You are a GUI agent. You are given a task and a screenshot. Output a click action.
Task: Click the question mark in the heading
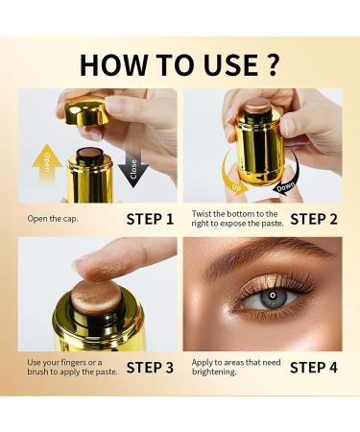click(x=273, y=64)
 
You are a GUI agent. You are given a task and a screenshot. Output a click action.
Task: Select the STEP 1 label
click(x=150, y=219)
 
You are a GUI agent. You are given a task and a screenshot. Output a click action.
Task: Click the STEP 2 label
click(x=314, y=219)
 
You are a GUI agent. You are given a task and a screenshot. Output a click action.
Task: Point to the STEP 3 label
click(x=150, y=368)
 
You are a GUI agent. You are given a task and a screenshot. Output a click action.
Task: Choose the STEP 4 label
click(x=314, y=368)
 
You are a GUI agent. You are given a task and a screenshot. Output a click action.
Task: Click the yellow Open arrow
click(x=47, y=163)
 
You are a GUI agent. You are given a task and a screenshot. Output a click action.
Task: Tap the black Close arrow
click(x=133, y=169)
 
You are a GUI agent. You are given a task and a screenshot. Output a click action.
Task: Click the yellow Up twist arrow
click(x=232, y=176)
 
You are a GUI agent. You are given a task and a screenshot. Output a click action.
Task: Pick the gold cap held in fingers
click(x=85, y=111)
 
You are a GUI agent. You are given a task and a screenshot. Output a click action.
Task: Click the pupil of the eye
click(x=273, y=295)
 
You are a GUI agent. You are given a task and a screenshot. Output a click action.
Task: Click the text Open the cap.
click(x=53, y=219)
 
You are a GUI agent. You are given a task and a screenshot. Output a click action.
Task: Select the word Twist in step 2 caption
click(x=202, y=214)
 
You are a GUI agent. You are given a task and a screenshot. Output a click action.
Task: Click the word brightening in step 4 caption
click(x=214, y=372)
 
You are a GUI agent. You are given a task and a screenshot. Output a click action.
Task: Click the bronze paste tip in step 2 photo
click(x=256, y=104)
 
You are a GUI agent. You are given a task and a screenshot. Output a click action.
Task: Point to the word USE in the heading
click(x=230, y=65)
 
